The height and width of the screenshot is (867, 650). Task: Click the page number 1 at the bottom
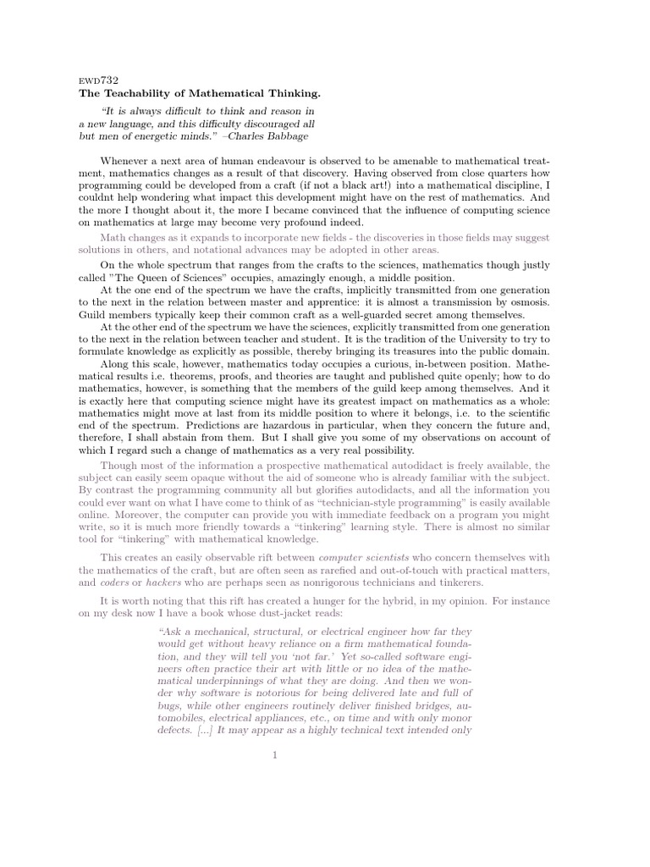coord(275,755)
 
